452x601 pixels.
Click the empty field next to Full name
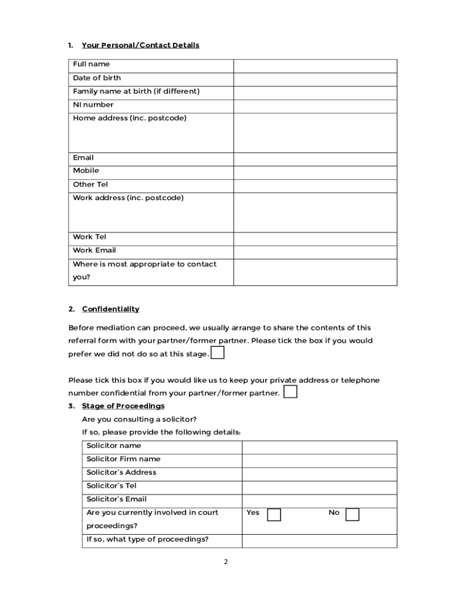[315, 66]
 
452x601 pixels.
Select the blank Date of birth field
[315, 79]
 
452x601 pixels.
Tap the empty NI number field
[315, 106]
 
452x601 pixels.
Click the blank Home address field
[315, 133]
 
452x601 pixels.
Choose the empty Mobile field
[315, 173]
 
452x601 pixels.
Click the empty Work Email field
[315, 252]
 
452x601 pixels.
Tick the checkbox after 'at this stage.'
[217, 353]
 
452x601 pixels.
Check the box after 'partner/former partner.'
[290, 392]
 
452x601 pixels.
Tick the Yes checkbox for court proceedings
[274, 515]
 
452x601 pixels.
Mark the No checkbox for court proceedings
[352, 515]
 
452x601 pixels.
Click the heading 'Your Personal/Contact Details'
[140, 45]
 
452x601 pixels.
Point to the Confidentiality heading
[110, 309]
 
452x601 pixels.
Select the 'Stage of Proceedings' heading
[123, 406]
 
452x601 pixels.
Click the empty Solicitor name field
[319, 447]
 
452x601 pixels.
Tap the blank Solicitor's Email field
[319, 501]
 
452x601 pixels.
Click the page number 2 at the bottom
[225, 562]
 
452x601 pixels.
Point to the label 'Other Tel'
[90, 184]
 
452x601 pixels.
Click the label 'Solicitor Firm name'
[123, 459]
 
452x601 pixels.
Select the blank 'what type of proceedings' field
[319, 541]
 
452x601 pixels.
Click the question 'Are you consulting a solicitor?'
[139, 419]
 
